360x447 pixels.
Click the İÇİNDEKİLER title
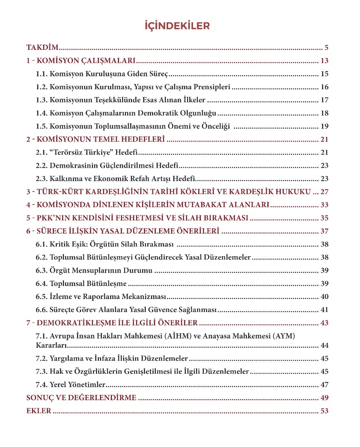pos(177,26)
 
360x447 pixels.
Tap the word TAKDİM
pos(43,48)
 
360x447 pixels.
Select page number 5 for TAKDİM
pos(326,48)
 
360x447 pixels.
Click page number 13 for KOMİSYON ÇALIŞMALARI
pos(324,61)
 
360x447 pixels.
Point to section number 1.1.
pos(42,74)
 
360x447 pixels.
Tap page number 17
pos(324,100)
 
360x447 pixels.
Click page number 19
pos(324,126)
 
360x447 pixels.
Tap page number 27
pos(324,192)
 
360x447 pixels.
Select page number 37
pos(324,231)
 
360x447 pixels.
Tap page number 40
pos(324,297)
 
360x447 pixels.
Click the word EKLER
pos(39,411)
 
